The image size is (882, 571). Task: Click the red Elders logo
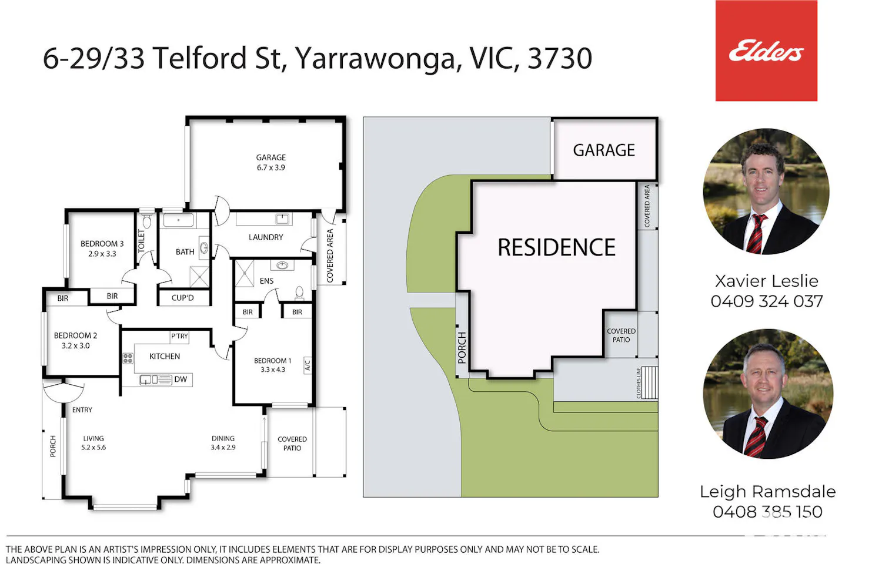[x=766, y=51]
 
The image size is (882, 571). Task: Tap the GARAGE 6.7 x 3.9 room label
[x=271, y=162]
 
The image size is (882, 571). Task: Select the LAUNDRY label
[x=266, y=237]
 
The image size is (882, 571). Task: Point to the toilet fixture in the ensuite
[x=299, y=293]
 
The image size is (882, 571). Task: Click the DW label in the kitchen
[x=181, y=379]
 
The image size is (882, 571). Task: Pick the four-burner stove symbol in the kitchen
[x=128, y=358]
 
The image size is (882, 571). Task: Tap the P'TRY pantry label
[x=179, y=336]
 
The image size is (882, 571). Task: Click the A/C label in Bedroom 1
[x=308, y=365]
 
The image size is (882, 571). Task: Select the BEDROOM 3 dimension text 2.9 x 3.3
[x=102, y=254]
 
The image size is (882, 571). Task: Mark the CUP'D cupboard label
[x=183, y=298]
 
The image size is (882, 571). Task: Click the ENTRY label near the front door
[x=82, y=410]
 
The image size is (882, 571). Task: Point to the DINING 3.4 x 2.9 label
[x=223, y=443]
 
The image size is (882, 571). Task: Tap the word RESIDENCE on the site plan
[x=556, y=247]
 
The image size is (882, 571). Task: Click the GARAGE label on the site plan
[x=604, y=150]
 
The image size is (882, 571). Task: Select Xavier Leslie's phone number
[x=767, y=301]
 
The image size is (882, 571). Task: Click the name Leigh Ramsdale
[x=767, y=492]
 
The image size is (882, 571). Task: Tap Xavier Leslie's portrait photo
[x=766, y=192]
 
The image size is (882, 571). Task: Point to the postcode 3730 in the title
[x=560, y=59]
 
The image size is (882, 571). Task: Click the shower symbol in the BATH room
[x=199, y=277]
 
